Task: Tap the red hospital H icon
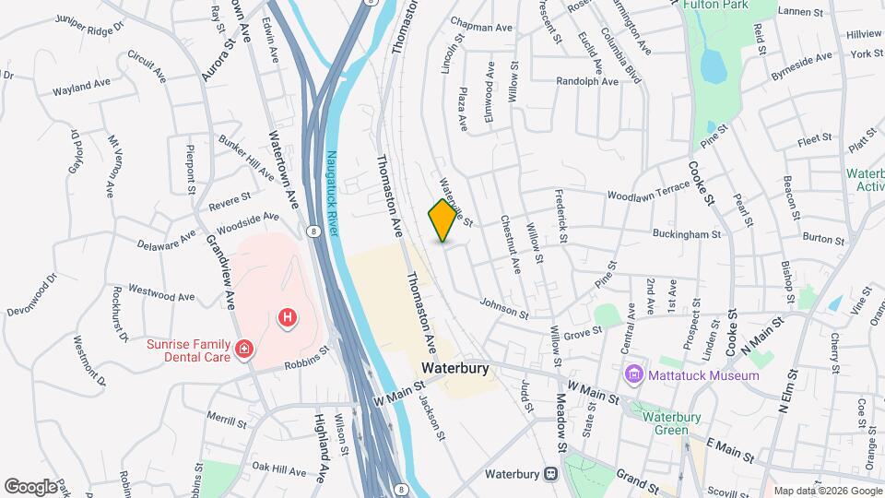tap(288, 318)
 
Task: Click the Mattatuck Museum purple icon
tap(633, 375)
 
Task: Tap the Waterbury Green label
tap(678, 422)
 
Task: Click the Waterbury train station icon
tap(550, 475)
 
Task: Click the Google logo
tap(30, 486)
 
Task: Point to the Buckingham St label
tap(689, 234)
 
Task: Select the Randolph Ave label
tap(587, 81)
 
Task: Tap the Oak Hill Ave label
tap(277, 470)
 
